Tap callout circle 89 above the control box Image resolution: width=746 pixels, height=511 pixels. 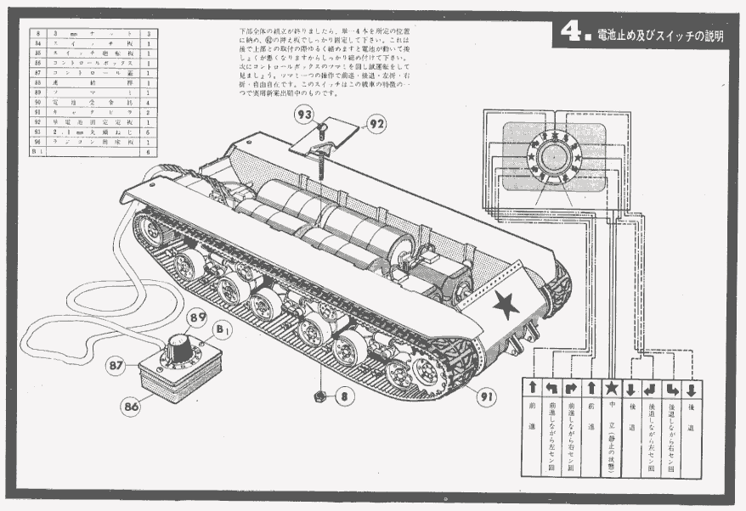[x=198, y=317]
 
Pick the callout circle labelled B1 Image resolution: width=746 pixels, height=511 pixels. [x=223, y=328]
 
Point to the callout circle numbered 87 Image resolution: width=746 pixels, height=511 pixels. [x=116, y=365]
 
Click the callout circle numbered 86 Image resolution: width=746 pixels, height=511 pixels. [x=130, y=406]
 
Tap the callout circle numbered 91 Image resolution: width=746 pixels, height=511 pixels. [x=486, y=395]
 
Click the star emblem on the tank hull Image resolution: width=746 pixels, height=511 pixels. [x=507, y=303]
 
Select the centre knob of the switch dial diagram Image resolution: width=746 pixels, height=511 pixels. [x=554, y=158]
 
